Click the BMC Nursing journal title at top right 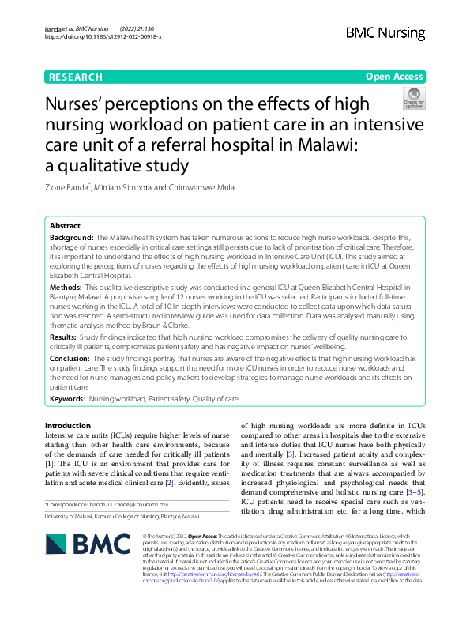385,33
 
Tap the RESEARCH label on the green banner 75,77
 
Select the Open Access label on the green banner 394,77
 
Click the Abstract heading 65,225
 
